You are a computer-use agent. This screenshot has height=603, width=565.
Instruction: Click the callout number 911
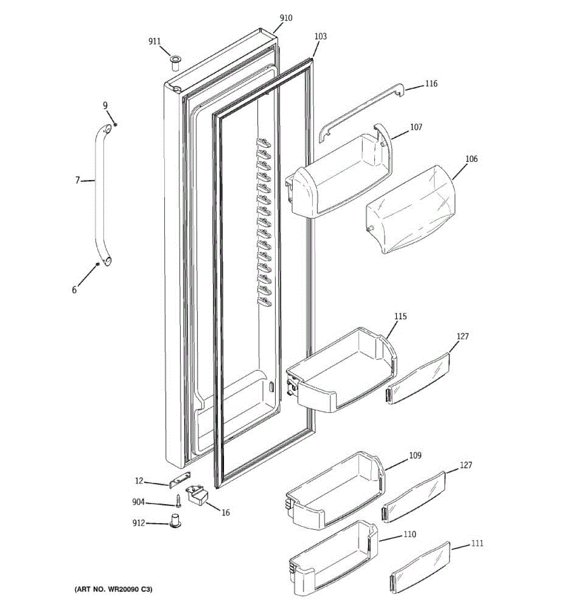pyautogui.click(x=154, y=42)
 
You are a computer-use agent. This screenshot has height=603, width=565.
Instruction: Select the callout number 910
pyautogui.click(x=286, y=18)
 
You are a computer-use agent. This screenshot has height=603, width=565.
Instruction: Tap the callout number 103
pyautogui.click(x=320, y=36)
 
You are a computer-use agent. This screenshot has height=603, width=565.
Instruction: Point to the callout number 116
pyautogui.click(x=431, y=84)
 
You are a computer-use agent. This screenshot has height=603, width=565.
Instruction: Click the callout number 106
pyautogui.click(x=471, y=159)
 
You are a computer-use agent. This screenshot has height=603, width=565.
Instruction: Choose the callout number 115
pyautogui.click(x=400, y=317)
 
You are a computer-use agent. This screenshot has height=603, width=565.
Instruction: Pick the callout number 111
pyautogui.click(x=477, y=543)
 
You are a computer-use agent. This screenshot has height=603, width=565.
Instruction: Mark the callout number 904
pyautogui.click(x=139, y=502)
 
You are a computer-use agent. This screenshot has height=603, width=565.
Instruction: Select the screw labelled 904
pyautogui.click(x=178, y=500)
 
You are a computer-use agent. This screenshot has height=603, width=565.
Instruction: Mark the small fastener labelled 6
pyautogui.click(x=97, y=264)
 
